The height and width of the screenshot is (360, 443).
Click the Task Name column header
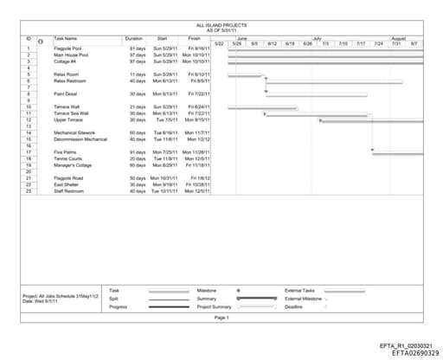click(x=66, y=39)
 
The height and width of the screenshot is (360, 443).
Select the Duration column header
click(x=133, y=39)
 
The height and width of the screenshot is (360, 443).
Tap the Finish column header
click(x=194, y=39)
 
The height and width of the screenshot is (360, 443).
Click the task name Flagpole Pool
click(x=68, y=48)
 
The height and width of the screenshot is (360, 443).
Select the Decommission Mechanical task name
click(x=80, y=138)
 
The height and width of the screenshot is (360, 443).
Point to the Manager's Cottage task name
click(x=74, y=164)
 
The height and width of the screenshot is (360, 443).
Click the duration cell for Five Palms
click(x=138, y=152)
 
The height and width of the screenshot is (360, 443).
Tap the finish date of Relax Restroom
click(x=199, y=80)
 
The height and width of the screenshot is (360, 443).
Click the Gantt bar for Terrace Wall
click(x=245, y=107)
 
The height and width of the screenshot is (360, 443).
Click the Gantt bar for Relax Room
click(x=245, y=75)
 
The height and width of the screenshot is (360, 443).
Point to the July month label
click(x=318, y=39)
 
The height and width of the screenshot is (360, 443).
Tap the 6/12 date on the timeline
click(x=272, y=43)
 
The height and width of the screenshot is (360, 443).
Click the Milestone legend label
click(x=207, y=291)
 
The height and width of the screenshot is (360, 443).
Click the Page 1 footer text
click(x=221, y=318)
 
